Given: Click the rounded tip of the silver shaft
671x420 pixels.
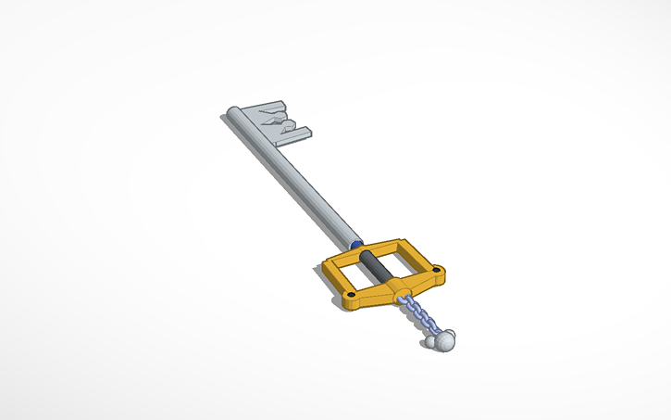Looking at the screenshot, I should tap(233, 114).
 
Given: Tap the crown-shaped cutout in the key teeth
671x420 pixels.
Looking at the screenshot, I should tap(276, 120).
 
